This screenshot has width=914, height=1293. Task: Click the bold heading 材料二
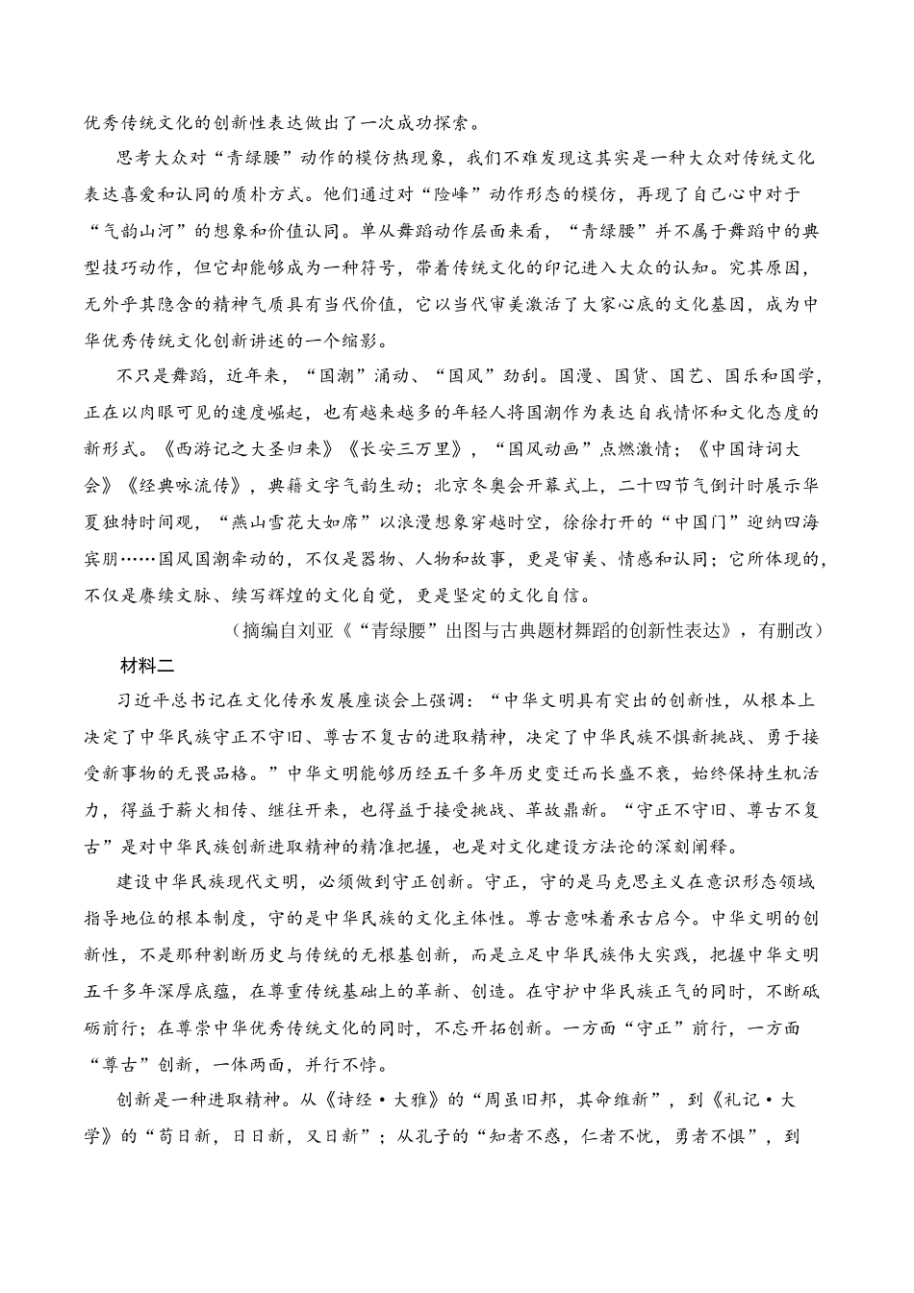pos(145,665)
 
